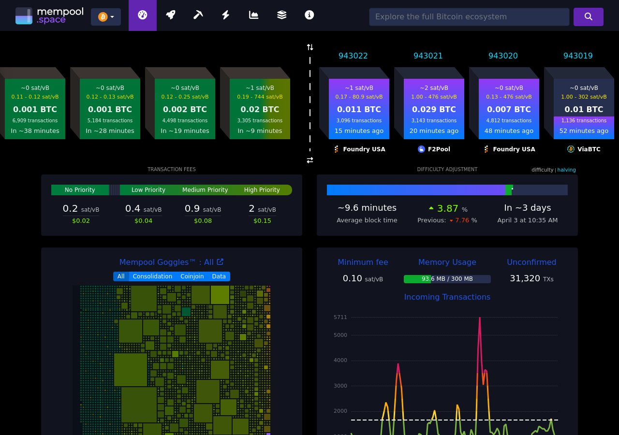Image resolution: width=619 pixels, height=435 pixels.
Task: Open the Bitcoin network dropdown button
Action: pos(106,17)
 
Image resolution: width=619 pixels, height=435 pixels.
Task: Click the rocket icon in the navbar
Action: pos(170,15)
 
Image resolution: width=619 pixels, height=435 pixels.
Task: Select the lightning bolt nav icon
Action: pos(226,15)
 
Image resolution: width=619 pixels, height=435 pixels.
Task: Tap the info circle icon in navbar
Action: pos(309,15)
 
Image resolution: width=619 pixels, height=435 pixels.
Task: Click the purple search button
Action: pos(588,16)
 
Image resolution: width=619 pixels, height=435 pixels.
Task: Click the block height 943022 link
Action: pos(353,56)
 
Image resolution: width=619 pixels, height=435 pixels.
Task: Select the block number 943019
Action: pos(578,56)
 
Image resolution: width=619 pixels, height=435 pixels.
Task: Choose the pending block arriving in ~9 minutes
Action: pos(260,109)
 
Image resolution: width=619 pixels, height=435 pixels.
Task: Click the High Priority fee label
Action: pos(262,190)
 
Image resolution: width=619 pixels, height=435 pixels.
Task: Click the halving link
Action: pos(566,170)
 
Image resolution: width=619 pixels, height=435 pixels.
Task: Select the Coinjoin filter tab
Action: pos(192,276)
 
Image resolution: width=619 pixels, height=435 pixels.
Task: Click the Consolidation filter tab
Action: pos(152,276)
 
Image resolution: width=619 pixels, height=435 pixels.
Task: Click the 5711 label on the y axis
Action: pos(340,318)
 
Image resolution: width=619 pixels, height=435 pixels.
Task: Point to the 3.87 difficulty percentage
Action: pos(447,208)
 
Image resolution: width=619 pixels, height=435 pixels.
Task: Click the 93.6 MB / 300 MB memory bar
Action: pos(447,279)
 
